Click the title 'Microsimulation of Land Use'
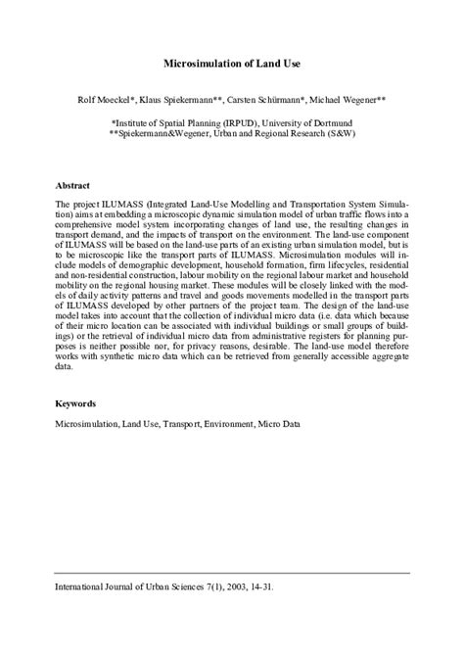[x=231, y=63]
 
